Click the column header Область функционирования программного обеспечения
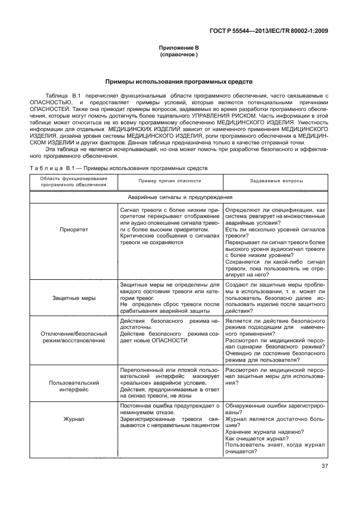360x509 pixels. (x=74, y=181)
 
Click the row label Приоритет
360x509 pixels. (x=74, y=244)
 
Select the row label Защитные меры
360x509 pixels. (x=74, y=298)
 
